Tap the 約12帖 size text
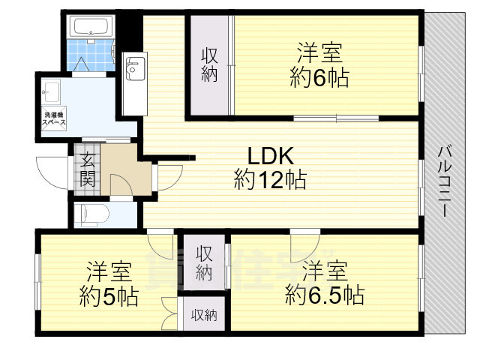[269, 180]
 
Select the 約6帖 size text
[319, 78]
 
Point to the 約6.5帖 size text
[324, 295]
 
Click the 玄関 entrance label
[87, 169]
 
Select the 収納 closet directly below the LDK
[204, 262]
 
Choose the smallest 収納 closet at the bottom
[203, 316]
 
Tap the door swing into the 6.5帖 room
[306, 242]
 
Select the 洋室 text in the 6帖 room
[319, 53]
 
